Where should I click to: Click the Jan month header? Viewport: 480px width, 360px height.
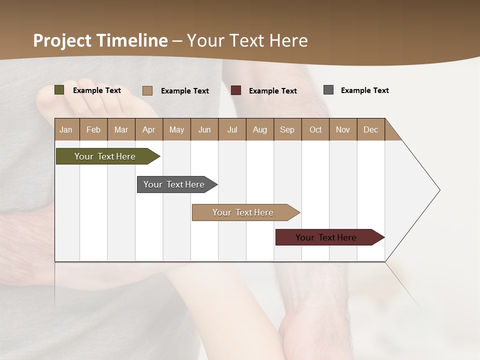point(66,129)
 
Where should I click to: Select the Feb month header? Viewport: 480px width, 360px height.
point(93,129)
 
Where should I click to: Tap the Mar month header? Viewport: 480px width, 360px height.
point(121,129)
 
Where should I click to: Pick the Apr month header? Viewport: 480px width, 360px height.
point(149,129)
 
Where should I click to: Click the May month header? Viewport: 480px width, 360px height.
point(176,129)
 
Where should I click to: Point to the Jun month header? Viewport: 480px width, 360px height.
point(204,129)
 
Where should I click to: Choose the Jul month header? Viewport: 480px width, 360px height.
point(232,129)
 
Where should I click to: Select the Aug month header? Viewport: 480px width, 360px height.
point(260,129)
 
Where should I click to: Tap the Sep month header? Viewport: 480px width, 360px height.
point(287,129)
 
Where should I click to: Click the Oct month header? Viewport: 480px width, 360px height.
point(315,129)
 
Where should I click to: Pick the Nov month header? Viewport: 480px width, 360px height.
point(343,129)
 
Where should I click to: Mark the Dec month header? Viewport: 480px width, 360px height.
point(371,129)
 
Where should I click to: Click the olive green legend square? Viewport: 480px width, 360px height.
point(59,90)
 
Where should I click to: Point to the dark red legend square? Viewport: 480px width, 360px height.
point(236,90)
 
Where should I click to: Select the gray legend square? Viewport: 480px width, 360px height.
point(328,90)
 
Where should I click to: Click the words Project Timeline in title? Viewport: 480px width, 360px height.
point(100,40)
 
